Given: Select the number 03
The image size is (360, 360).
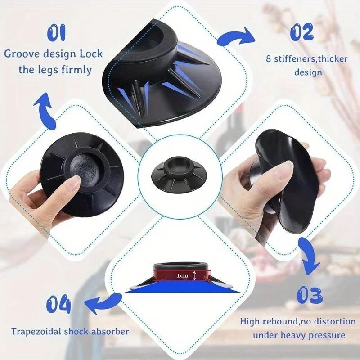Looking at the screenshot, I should [310, 295].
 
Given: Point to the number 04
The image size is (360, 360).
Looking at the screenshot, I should [58, 305].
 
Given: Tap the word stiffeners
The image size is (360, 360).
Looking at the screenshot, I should [294, 58].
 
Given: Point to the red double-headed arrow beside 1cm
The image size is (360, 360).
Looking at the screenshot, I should [193, 275].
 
